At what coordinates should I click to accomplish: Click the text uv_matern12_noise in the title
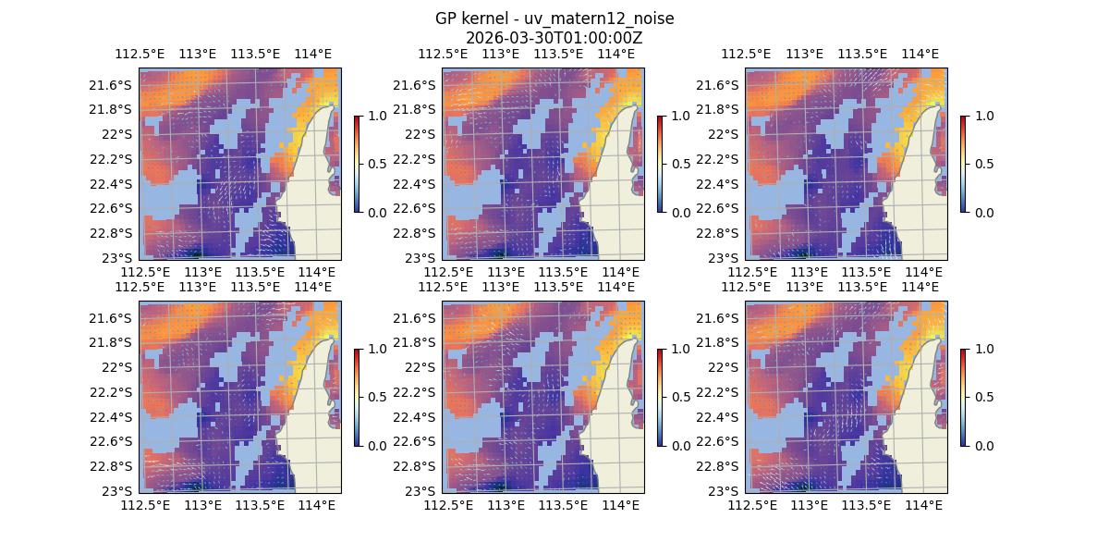(x=605, y=18)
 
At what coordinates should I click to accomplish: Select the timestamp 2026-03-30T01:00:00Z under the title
(x=554, y=38)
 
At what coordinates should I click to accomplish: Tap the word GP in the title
(x=445, y=18)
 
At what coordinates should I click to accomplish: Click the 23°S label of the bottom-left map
(x=121, y=490)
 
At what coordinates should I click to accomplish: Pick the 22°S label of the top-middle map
(x=424, y=134)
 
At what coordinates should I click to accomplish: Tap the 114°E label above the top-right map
(x=920, y=54)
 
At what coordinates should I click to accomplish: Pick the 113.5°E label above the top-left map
(x=256, y=54)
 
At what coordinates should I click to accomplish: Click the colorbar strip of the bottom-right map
(x=963, y=397)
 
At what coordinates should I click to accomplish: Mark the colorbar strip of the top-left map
(x=357, y=164)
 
